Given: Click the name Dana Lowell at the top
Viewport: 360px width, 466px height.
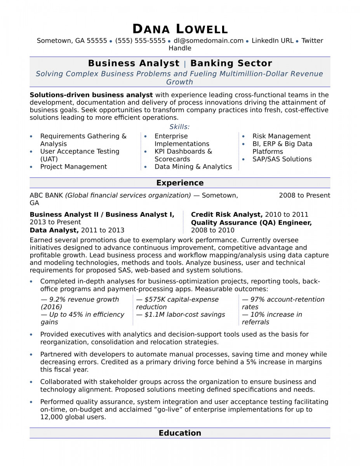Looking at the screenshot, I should point(180,29).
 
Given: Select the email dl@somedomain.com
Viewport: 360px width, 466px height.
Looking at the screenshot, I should point(209,40).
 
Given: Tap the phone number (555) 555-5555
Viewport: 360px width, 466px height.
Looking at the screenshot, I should point(140,40).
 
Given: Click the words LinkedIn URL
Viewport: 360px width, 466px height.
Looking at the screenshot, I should point(273,40).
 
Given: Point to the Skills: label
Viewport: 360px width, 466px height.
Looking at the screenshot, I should point(179,127).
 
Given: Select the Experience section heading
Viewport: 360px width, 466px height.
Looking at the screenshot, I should point(180,183).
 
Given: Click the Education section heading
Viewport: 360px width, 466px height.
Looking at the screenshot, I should point(180,433).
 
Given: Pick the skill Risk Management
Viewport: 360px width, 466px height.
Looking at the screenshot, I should point(281,136).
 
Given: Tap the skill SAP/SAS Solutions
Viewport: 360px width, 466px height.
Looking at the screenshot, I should point(282,159).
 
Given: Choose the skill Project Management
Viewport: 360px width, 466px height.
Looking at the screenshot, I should point(73,167).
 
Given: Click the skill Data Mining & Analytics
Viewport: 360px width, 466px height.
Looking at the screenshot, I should point(193,167).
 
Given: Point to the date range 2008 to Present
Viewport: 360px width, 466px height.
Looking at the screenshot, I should point(304,195).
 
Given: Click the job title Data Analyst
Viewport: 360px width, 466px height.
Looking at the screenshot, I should point(54,230).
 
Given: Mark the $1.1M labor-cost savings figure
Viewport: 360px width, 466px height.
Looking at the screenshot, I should point(155,315).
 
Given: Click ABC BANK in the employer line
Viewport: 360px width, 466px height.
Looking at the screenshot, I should point(46,195).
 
